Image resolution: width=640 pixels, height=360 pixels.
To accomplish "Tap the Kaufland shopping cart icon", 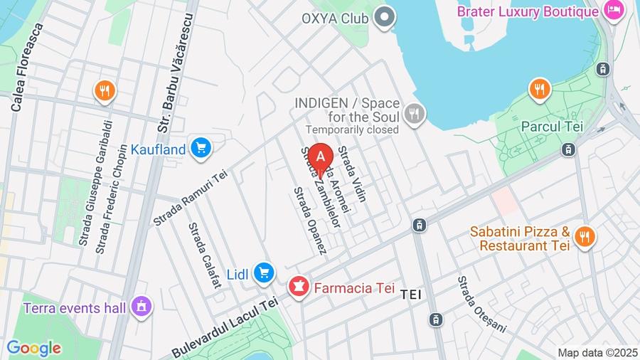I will pos(201,148).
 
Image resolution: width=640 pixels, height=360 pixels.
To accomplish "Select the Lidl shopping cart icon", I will pos(264,272).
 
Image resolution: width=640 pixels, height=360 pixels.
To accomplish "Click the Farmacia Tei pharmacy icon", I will pos(297,287).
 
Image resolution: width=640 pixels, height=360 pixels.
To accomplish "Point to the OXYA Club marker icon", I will pos(385,17).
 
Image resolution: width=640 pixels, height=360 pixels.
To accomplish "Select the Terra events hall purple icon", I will pos(141,307).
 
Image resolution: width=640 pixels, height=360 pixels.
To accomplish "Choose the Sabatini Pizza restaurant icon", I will pos(585,236).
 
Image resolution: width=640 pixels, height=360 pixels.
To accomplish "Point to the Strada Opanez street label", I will pos(310,221).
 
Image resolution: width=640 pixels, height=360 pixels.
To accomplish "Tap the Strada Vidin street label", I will pos(352,174).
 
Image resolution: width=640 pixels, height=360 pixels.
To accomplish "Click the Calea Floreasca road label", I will pos(26,67).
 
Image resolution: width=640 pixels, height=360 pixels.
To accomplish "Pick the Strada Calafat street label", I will pos(205,255).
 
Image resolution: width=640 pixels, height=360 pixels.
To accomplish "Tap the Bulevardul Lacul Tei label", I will pos(225,327).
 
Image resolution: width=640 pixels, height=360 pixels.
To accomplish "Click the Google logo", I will pos(33,348).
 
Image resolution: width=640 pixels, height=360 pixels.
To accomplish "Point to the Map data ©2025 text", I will pos(597,352).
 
